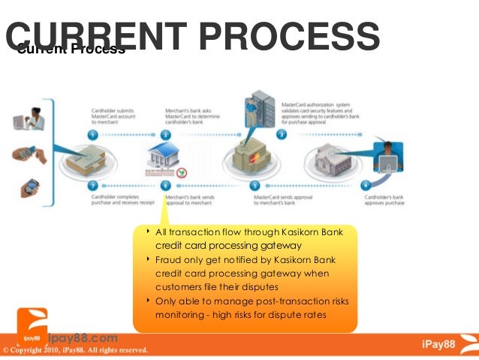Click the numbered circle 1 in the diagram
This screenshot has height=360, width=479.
(92, 135)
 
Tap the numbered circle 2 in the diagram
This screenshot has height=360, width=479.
(167, 135)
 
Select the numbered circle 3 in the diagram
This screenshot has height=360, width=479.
(281, 135)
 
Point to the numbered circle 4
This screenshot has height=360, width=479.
(366, 185)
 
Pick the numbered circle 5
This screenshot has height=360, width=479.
(255, 185)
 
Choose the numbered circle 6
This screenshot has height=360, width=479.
(167, 185)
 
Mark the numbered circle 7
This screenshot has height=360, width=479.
(92, 185)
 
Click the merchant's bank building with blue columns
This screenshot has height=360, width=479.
(167, 159)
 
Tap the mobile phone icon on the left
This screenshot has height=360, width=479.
(30, 185)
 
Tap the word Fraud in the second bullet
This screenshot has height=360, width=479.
(170, 259)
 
